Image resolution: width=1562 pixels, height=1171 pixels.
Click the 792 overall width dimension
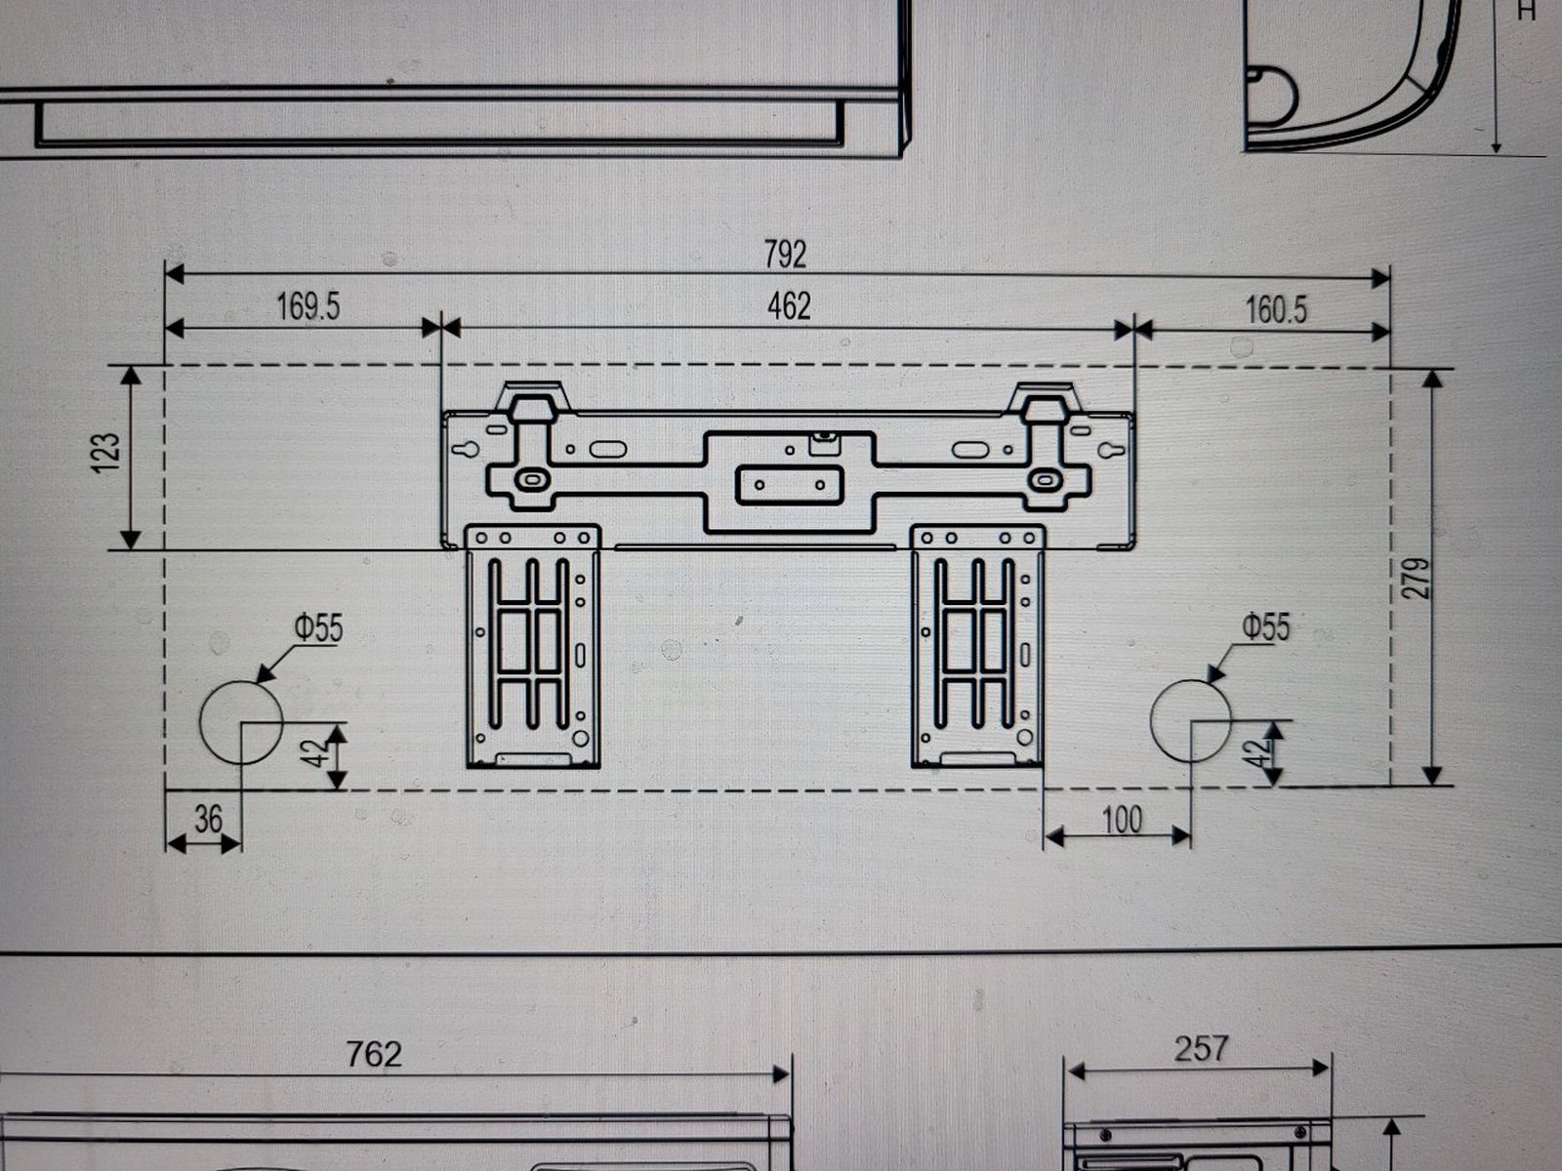pyautogui.click(x=785, y=255)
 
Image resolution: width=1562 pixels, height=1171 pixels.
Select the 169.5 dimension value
pyautogui.click(x=308, y=306)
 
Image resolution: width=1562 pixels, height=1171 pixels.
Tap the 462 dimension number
pyautogui.click(x=789, y=306)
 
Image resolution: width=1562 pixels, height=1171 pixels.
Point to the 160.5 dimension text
pyautogui.click(x=1276, y=310)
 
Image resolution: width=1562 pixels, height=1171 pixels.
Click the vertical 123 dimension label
pyautogui.click(x=106, y=453)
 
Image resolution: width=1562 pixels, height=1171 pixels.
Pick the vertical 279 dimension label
pyautogui.click(x=1418, y=578)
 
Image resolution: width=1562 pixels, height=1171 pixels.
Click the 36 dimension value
pyautogui.click(x=208, y=819)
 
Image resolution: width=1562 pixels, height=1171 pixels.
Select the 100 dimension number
pyautogui.click(x=1122, y=820)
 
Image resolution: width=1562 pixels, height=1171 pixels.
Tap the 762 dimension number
pyautogui.click(x=374, y=1055)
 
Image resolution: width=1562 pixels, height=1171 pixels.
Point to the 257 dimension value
pyautogui.click(x=1201, y=1049)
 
